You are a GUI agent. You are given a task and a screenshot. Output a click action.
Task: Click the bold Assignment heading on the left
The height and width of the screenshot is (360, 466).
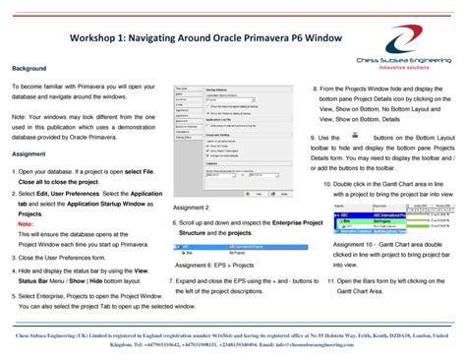(29, 154)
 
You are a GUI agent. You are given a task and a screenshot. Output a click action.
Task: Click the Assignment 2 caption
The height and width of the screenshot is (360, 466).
(191, 209)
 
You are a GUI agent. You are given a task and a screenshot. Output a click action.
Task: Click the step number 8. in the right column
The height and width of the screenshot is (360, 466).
(316, 89)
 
